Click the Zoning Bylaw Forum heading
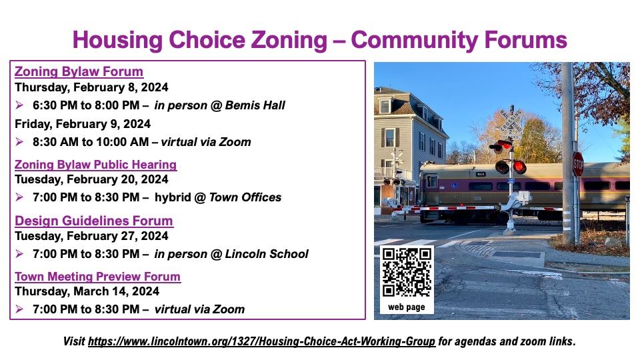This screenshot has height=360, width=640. (79, 72)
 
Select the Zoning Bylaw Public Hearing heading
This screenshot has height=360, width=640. (95, 165)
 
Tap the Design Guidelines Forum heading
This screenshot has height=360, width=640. (93, 221)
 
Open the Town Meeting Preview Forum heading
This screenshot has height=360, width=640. (97, 277)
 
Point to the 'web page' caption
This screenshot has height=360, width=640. (407, 307)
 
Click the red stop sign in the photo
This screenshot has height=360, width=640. (578, 164)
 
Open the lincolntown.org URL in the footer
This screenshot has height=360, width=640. (261, 341)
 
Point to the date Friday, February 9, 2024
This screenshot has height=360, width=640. (82, 124)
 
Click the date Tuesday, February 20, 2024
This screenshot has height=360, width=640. (91, 179)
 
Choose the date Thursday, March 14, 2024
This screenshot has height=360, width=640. (87, 291)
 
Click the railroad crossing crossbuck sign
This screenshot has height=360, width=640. (511, 123)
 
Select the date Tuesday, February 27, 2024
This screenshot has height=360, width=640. (91, 235)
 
